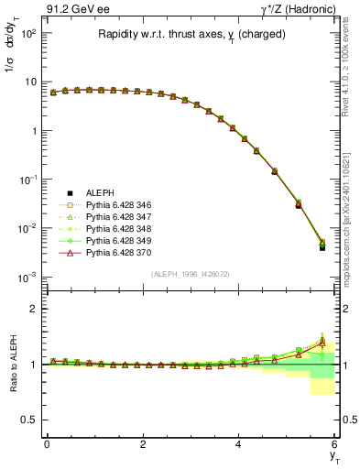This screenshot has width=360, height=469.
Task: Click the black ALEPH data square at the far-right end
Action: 322,247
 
